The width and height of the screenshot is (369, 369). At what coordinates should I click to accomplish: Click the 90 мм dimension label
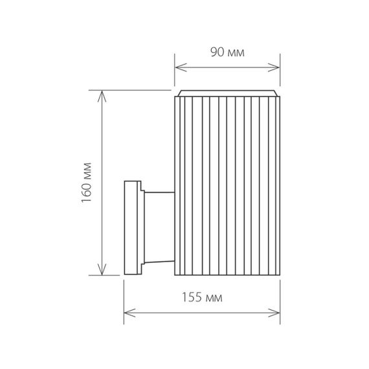tap(227, 52)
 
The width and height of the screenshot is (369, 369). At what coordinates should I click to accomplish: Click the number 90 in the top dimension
tap(217, 52)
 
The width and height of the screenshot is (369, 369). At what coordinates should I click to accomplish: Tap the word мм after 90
tap(235, 52)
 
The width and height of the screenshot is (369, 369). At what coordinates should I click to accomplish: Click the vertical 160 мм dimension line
tap(102, 162)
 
